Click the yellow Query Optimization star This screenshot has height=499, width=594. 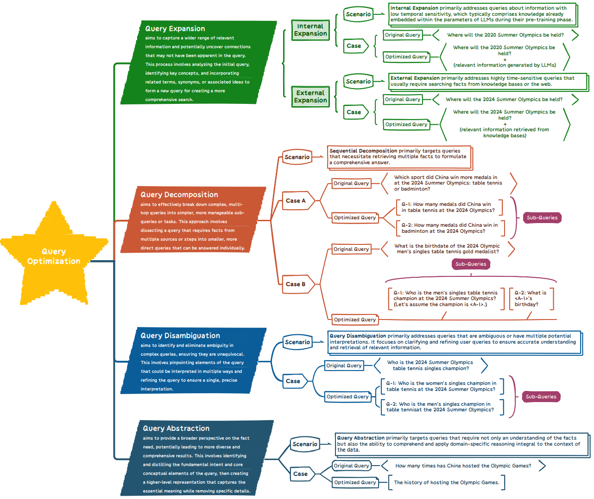click(x=54, y=256)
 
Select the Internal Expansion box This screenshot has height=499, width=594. click(x=310, y=30)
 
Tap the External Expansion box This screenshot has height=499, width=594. click(x=310, y=96)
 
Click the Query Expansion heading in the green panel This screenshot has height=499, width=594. click(x=175, y=29)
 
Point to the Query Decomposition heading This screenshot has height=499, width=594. click(x=179, y=195)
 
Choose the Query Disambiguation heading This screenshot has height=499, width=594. click(x=180, y=336)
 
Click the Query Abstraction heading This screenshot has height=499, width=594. click(x=176, y=429)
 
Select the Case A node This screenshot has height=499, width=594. click(x=296, y=201)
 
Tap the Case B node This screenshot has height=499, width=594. click(x=296, y=284)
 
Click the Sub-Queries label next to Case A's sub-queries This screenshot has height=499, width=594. click(x=542, y=218)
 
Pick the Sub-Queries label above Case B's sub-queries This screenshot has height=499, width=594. click(x=471, y=264)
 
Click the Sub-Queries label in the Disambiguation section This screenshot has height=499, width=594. click(x=541, y=397)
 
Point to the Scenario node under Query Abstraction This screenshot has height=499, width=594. click(x=305, y=444)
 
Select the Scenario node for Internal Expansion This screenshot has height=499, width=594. click(x=358, y=14)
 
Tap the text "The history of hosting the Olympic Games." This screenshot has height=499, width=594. click(x=447, y=483)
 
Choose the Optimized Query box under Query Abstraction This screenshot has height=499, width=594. click(x=355, y=483)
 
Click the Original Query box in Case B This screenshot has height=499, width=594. click(x=351, y=249)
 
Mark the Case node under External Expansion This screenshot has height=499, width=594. click(x=354, y=112)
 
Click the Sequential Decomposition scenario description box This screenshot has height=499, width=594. click(x=399, y=157)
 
